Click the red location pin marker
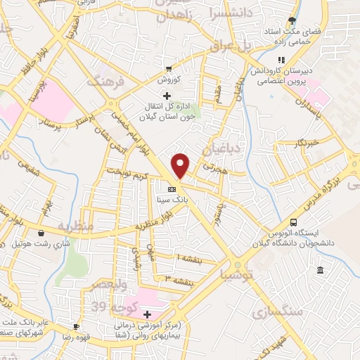181,165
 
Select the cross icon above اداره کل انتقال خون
167,95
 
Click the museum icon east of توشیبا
320,271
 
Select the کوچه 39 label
110,307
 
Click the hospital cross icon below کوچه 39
146,314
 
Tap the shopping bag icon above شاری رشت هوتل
41,233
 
